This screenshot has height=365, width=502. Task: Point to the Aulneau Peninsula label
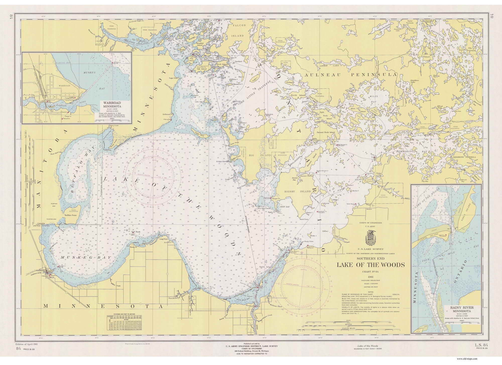(x=350, y=75)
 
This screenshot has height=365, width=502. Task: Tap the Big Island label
(x=256, y=155)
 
